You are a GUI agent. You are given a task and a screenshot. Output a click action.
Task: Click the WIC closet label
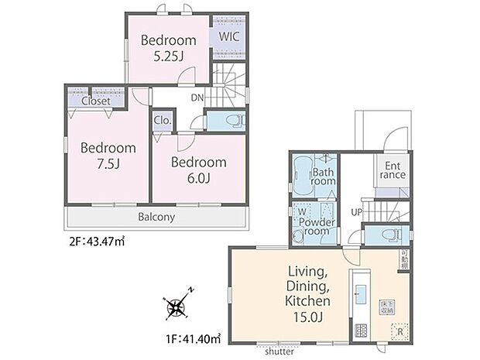(x=229, y=36)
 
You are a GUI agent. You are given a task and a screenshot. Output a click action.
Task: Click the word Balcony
(x=158, y=218)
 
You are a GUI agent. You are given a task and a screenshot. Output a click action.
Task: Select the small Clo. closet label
(x=163, y=120)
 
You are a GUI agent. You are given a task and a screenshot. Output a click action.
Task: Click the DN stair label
(x=198, y=98)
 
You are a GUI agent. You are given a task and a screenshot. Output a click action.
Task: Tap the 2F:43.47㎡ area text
(x=97, y=242)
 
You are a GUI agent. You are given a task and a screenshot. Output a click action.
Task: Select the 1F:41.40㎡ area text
(x=191, y=338)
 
